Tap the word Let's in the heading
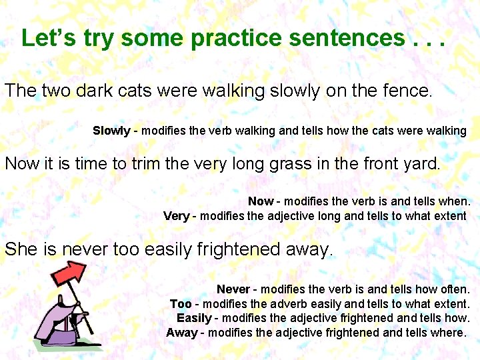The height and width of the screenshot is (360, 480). tap(47, 37)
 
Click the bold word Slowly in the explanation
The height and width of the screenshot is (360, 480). tap(111, 131)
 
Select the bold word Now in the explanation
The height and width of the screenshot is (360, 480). tap(261, 201)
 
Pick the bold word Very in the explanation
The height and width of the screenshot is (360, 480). tap(177, 215)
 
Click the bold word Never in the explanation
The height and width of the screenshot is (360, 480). tap(233, 289)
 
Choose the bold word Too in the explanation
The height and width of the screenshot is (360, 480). tap(181, 304)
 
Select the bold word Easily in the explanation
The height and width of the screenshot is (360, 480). tap(194, 318)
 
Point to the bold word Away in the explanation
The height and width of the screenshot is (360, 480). tap(181, 332)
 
